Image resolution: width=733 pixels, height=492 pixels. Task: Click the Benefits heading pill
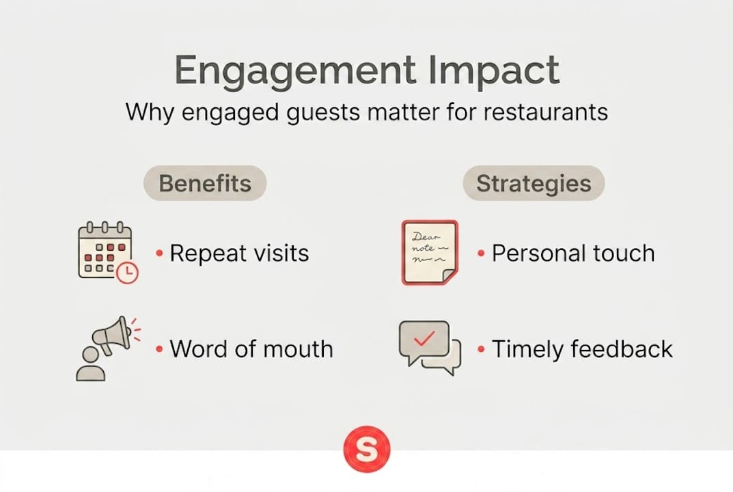[205, 184]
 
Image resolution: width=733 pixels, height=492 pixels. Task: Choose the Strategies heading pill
[534, 184]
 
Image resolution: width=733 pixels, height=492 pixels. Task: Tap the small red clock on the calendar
[127, 273]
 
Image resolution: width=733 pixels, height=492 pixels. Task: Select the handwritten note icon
[430, 252]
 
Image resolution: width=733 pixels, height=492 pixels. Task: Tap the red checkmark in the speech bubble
[424, 338]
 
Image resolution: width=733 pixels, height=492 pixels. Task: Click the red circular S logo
[367, 450]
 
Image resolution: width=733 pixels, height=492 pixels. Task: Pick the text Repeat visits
[239, 254]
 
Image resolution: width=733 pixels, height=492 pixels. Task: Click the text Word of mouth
[251, 349]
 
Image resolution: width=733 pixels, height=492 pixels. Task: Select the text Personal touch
[573, 254]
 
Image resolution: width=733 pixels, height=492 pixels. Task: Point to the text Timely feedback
[582, 349]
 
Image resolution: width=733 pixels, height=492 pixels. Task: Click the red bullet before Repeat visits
[159, 254]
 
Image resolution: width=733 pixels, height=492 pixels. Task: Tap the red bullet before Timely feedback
[482, 350]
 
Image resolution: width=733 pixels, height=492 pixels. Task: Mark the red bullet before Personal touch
[482, 254]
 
